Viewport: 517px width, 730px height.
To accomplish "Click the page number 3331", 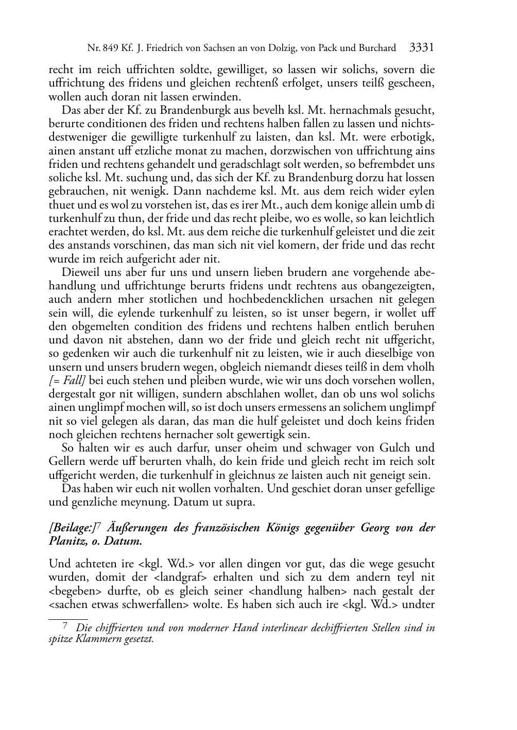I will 422,48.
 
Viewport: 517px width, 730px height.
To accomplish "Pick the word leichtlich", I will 408,218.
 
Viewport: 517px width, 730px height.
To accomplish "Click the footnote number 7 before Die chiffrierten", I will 65,627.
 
